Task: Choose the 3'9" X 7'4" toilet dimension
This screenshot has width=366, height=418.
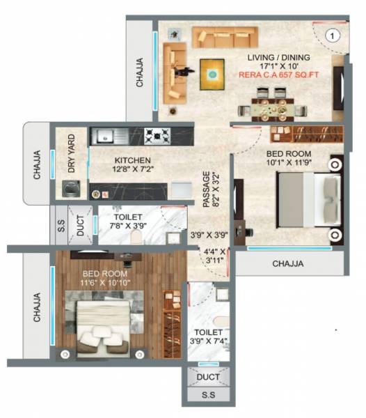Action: point(208,341)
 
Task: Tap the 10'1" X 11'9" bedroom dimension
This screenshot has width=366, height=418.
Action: point(289,163)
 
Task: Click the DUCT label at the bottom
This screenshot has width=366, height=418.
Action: point(208,377)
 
